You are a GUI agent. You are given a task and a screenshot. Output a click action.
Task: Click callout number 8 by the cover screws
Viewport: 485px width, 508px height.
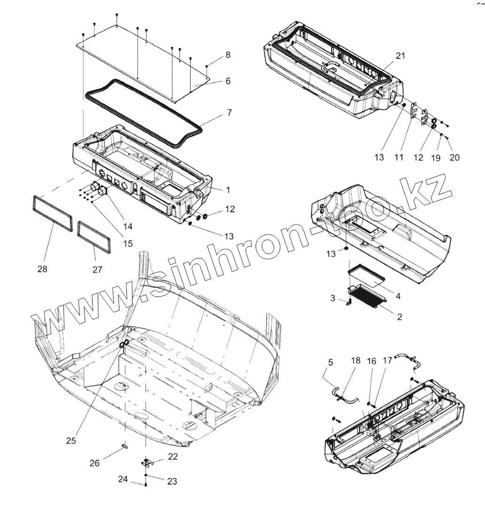228,55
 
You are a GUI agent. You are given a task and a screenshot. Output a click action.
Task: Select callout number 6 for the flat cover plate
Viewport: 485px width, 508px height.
228,81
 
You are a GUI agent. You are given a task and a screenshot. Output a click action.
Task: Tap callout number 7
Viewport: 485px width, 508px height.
229,113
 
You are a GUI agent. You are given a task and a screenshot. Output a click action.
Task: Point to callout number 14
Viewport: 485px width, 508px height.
128,226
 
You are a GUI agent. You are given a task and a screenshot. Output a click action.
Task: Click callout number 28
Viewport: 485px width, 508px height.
42,269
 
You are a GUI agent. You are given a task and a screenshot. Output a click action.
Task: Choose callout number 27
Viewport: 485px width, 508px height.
97,270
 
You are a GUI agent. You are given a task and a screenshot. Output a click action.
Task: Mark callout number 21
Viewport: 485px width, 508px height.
400,55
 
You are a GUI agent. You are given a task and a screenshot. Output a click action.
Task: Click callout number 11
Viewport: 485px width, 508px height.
399,158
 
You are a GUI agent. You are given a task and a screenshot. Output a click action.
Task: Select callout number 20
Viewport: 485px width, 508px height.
454,158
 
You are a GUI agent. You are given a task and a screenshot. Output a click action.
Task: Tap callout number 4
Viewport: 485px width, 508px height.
398,297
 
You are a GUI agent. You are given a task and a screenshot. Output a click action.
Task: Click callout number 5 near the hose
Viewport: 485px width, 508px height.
330,362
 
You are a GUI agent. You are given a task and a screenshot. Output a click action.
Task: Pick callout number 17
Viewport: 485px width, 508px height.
388,361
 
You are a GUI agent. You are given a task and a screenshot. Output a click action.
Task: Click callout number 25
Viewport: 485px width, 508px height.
71,441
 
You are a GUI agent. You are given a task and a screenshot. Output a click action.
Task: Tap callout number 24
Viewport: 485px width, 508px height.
123,479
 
